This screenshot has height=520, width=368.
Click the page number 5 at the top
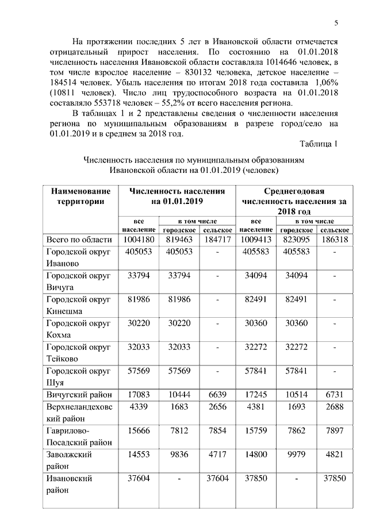pos(336,22)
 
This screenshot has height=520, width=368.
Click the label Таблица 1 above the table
pos(319,142)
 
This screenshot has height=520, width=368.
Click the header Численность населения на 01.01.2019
pos(177,197)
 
